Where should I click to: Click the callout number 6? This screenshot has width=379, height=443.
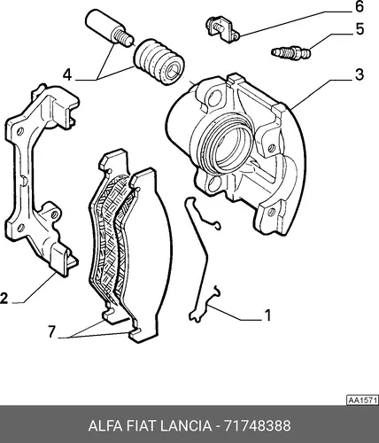(359, 6)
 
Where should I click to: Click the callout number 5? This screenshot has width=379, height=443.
(360, 29)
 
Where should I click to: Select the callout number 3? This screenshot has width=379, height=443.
(360, 74)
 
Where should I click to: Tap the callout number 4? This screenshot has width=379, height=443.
(67, 74)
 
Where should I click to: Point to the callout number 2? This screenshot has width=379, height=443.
(4, 299)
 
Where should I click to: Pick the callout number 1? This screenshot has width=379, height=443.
(267, 315)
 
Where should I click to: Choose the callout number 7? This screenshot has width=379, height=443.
(51, 331)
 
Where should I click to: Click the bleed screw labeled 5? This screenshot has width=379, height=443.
(290, 52)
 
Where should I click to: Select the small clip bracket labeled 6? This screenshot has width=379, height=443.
(223, 29)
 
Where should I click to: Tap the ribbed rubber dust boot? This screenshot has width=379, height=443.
(159, 62)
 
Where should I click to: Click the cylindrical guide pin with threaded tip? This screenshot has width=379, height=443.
(109, 27)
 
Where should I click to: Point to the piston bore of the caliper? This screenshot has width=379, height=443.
(228, 147)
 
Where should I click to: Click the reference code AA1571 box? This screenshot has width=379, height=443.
(362, 400)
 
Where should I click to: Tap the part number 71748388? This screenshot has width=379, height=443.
(258, 426)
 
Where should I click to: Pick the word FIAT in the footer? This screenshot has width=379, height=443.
(141, 426)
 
